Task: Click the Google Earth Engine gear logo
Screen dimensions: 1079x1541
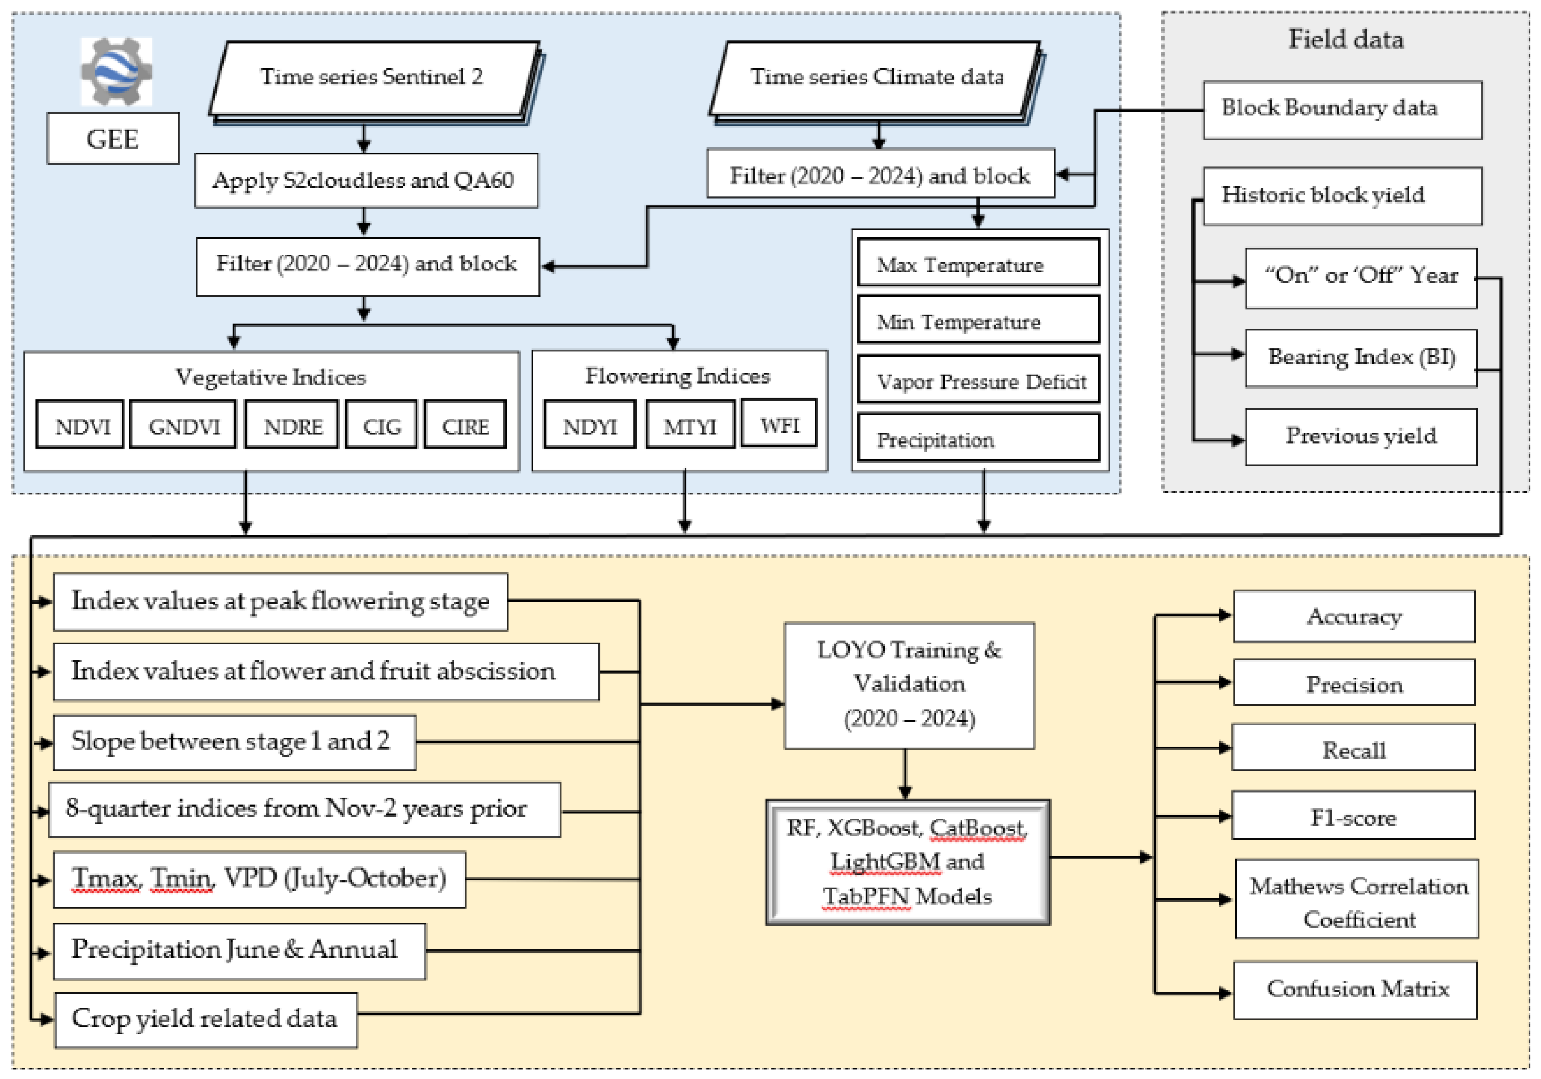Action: (116, 71)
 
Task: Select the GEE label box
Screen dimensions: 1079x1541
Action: (113, 139)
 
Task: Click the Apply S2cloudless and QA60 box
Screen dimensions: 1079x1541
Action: (366, 180)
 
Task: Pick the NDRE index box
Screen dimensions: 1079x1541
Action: (292, 426)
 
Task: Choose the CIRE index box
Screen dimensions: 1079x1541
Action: (465, 426)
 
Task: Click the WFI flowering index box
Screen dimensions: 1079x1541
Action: (779, 424)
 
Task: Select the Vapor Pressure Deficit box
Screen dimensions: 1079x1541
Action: (978, 381)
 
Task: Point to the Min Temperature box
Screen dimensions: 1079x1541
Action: (978, 322)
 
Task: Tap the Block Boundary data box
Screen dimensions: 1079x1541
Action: (1343, 109)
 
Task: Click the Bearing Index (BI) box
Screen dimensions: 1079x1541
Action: (1361, 357)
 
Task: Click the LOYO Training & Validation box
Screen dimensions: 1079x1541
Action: (909, 685)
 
